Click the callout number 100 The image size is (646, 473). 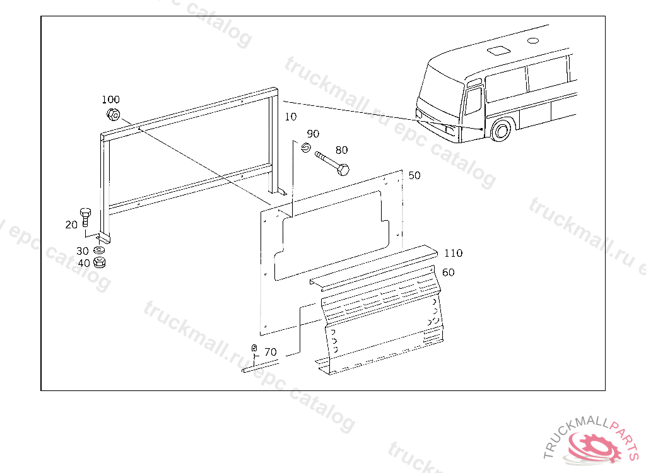click(110, 99)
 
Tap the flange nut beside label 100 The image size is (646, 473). click(113, 115)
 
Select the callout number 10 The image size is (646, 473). click(290, 117)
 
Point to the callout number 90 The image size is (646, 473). click(313, 134)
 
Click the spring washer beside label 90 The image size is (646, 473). click(305, 147)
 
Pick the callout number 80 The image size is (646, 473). click(341, 150)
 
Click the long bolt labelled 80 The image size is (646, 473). click(332, 163)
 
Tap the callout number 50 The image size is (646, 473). click(414, 175)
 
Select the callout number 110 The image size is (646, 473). click(453, 253)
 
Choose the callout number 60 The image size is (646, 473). click(448, 272)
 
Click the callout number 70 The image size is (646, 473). click(270, 352)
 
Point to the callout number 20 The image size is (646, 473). click(71, 225)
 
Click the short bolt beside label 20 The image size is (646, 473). click(86, 217)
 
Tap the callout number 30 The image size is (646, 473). click(83, 251)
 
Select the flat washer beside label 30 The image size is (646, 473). click(99, 250)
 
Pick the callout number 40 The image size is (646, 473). click(84, 263)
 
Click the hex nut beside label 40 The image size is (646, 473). click(99, 262)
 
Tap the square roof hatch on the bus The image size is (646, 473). click(498, 50)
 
